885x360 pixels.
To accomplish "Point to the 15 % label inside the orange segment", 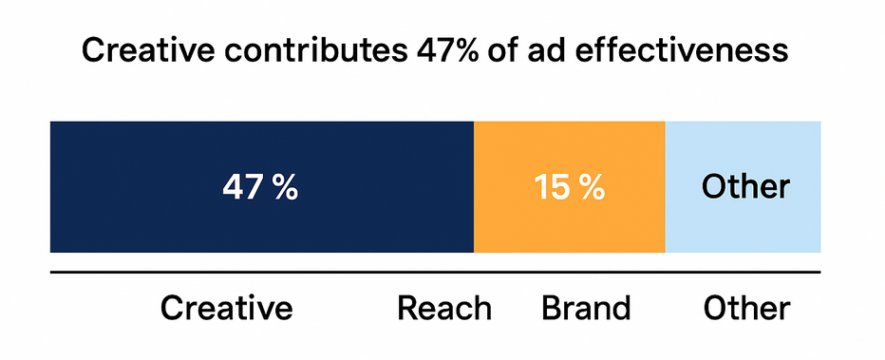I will pyautogui.click(x=569, y=187).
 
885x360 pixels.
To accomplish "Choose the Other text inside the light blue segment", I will pyautogui.click(x=744, y=186).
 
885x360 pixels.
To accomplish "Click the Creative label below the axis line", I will pyautogui.click(x=226, y=308).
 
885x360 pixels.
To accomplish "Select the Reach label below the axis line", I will pyautogui.click(x=444, y=308).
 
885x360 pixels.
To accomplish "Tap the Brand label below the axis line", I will pyautogui.click(x=586, y=308).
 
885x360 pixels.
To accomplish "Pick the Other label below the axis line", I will pyautogui.click(x=745, y=308).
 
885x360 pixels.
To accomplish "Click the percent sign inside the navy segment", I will pyautogui.click(x=285, y=187).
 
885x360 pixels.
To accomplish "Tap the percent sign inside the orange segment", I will pyautogui.click(x=592, y=187).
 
